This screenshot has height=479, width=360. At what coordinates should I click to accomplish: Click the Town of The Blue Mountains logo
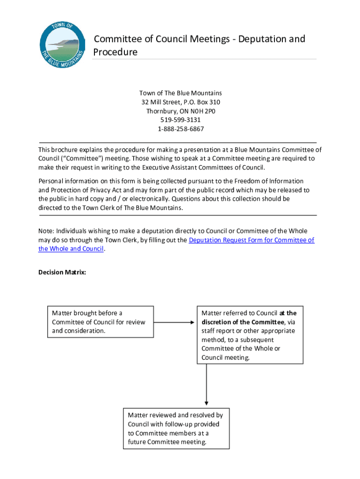tap(63, 44)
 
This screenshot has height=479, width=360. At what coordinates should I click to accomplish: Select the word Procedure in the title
tap(115, 52)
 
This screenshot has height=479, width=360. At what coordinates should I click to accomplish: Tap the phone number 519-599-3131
tap(180, 120)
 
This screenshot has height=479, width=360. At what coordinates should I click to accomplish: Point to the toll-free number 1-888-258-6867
tap(180, 129)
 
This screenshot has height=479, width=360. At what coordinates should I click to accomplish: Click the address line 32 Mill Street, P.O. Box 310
tap(180, 102)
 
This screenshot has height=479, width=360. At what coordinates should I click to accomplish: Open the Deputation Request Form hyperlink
tap(251, 240)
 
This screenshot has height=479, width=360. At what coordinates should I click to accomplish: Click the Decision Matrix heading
tap(62, 272)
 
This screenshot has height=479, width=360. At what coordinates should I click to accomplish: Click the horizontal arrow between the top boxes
tap(173, 322)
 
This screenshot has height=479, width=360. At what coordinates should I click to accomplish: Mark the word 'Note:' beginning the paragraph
tap(46, 231)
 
